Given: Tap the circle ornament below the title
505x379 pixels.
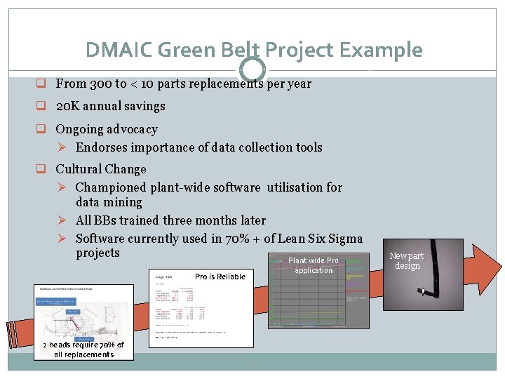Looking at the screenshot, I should (252, 69).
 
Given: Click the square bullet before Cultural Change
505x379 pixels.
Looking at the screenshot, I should (43, 169).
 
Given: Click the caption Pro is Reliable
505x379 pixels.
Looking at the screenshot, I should (220, 277).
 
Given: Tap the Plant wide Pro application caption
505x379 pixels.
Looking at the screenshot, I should (314, 265).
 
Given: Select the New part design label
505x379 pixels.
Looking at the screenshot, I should (407, 260).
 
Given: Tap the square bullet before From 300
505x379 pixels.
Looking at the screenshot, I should (43, 84).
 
